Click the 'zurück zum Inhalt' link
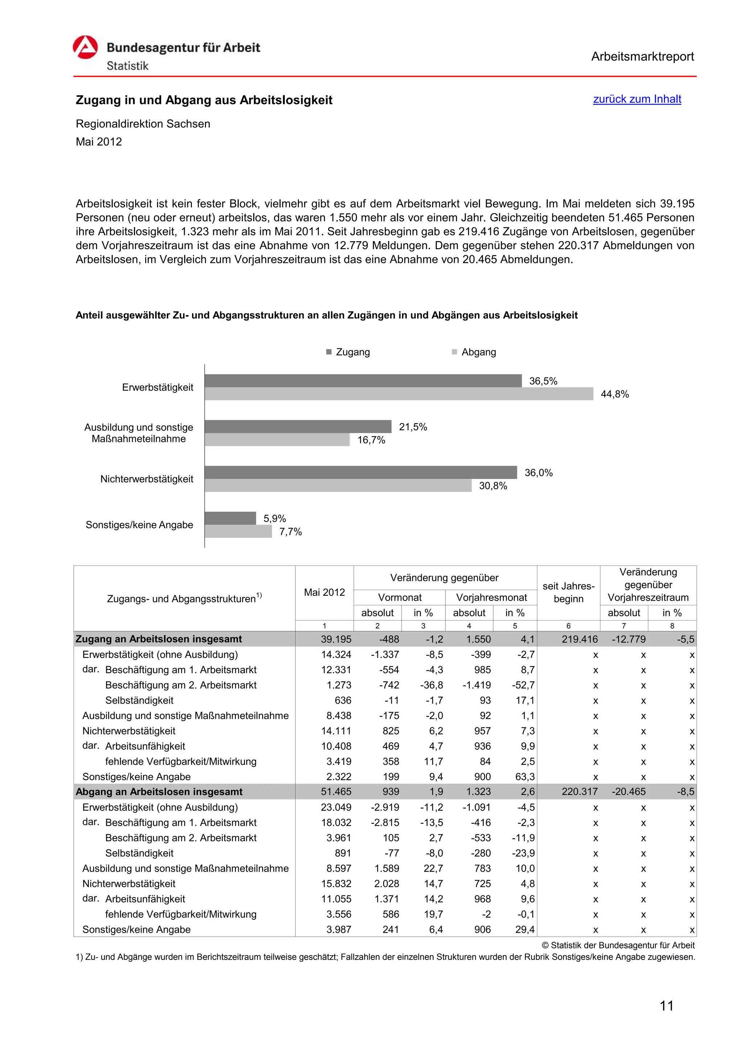[637, 99]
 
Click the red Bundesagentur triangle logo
[85, 47]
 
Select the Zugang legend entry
[348, 352]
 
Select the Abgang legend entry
[474, 352]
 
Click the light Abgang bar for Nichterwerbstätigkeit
[338, 486]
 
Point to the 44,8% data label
[614, 394]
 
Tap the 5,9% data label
[275, 519]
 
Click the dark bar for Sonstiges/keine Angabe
[230, 518]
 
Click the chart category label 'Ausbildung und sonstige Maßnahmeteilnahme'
[139, 433]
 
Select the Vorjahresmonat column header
[491, 597]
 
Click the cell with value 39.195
[336, 639]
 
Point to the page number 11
[666, 1006]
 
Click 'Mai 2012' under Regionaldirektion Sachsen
[99, 142]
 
